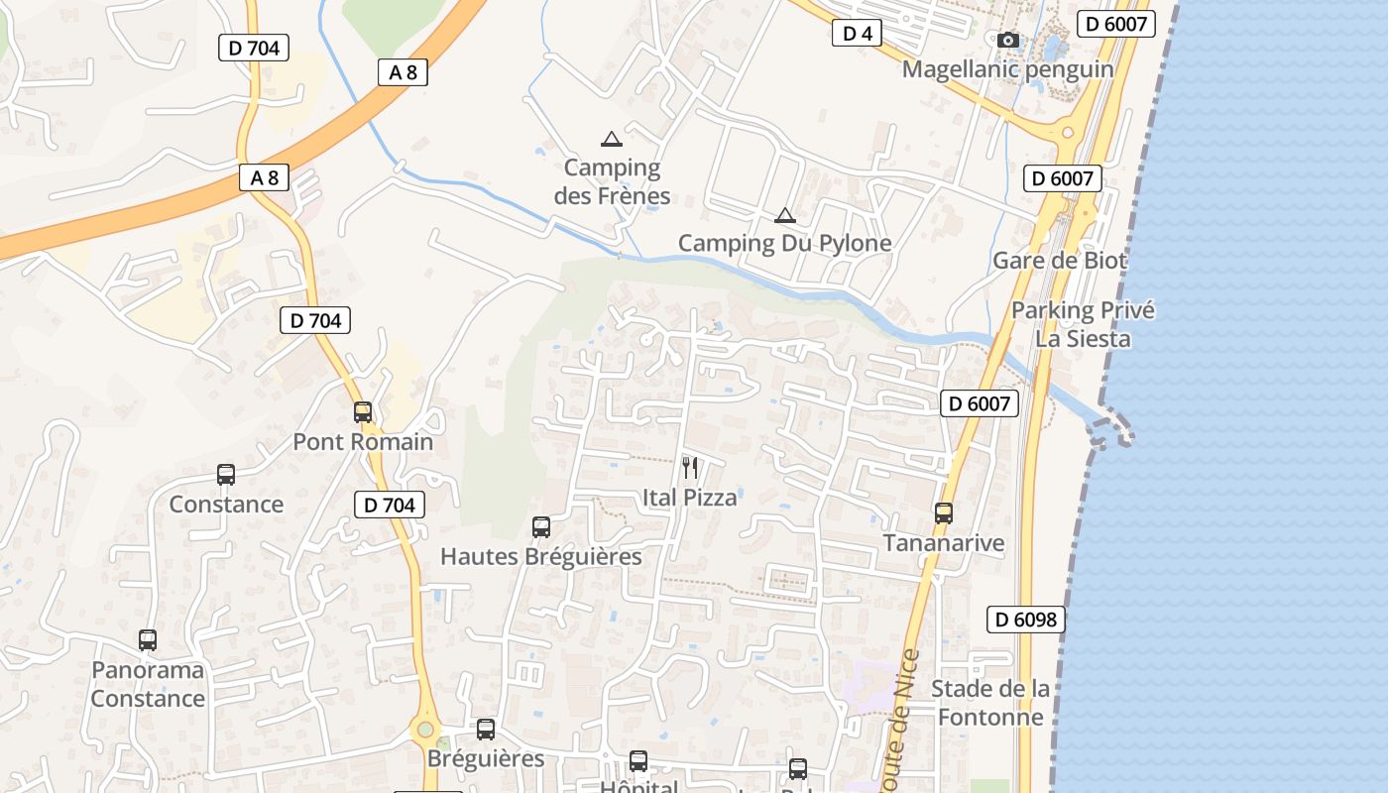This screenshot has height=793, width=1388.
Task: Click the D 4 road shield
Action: pos(857,34)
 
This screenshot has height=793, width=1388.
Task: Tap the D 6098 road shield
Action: pos(1026,620)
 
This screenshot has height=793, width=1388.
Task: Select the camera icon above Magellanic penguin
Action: pos(1008,40)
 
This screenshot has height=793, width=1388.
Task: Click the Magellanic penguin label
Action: pos(1007,69)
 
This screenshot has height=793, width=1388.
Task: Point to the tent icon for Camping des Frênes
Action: pos(612,140)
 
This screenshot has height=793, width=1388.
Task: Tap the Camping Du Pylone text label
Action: pos(784,243)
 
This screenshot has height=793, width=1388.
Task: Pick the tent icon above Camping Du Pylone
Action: pos(784,215)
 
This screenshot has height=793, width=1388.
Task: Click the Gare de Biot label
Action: pos(1060,261)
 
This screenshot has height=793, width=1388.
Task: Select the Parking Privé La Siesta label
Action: pos(1083,324)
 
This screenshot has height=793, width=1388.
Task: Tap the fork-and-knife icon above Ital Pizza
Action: pos(690,467)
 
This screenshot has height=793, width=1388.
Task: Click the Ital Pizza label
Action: pos(690,497)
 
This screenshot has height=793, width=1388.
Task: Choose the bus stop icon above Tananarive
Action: pos(944,513)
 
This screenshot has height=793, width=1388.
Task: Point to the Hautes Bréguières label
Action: pos(541,556)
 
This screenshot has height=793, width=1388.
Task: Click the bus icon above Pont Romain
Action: pos(363,412)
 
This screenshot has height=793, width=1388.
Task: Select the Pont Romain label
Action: pos(363,441)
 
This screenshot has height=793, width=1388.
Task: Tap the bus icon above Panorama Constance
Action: pos(148,640)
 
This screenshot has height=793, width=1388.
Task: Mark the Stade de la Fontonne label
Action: pos(990,702)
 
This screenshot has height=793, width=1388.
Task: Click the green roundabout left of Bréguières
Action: pos(425,731)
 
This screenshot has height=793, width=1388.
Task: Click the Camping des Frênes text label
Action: pos(612,181)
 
